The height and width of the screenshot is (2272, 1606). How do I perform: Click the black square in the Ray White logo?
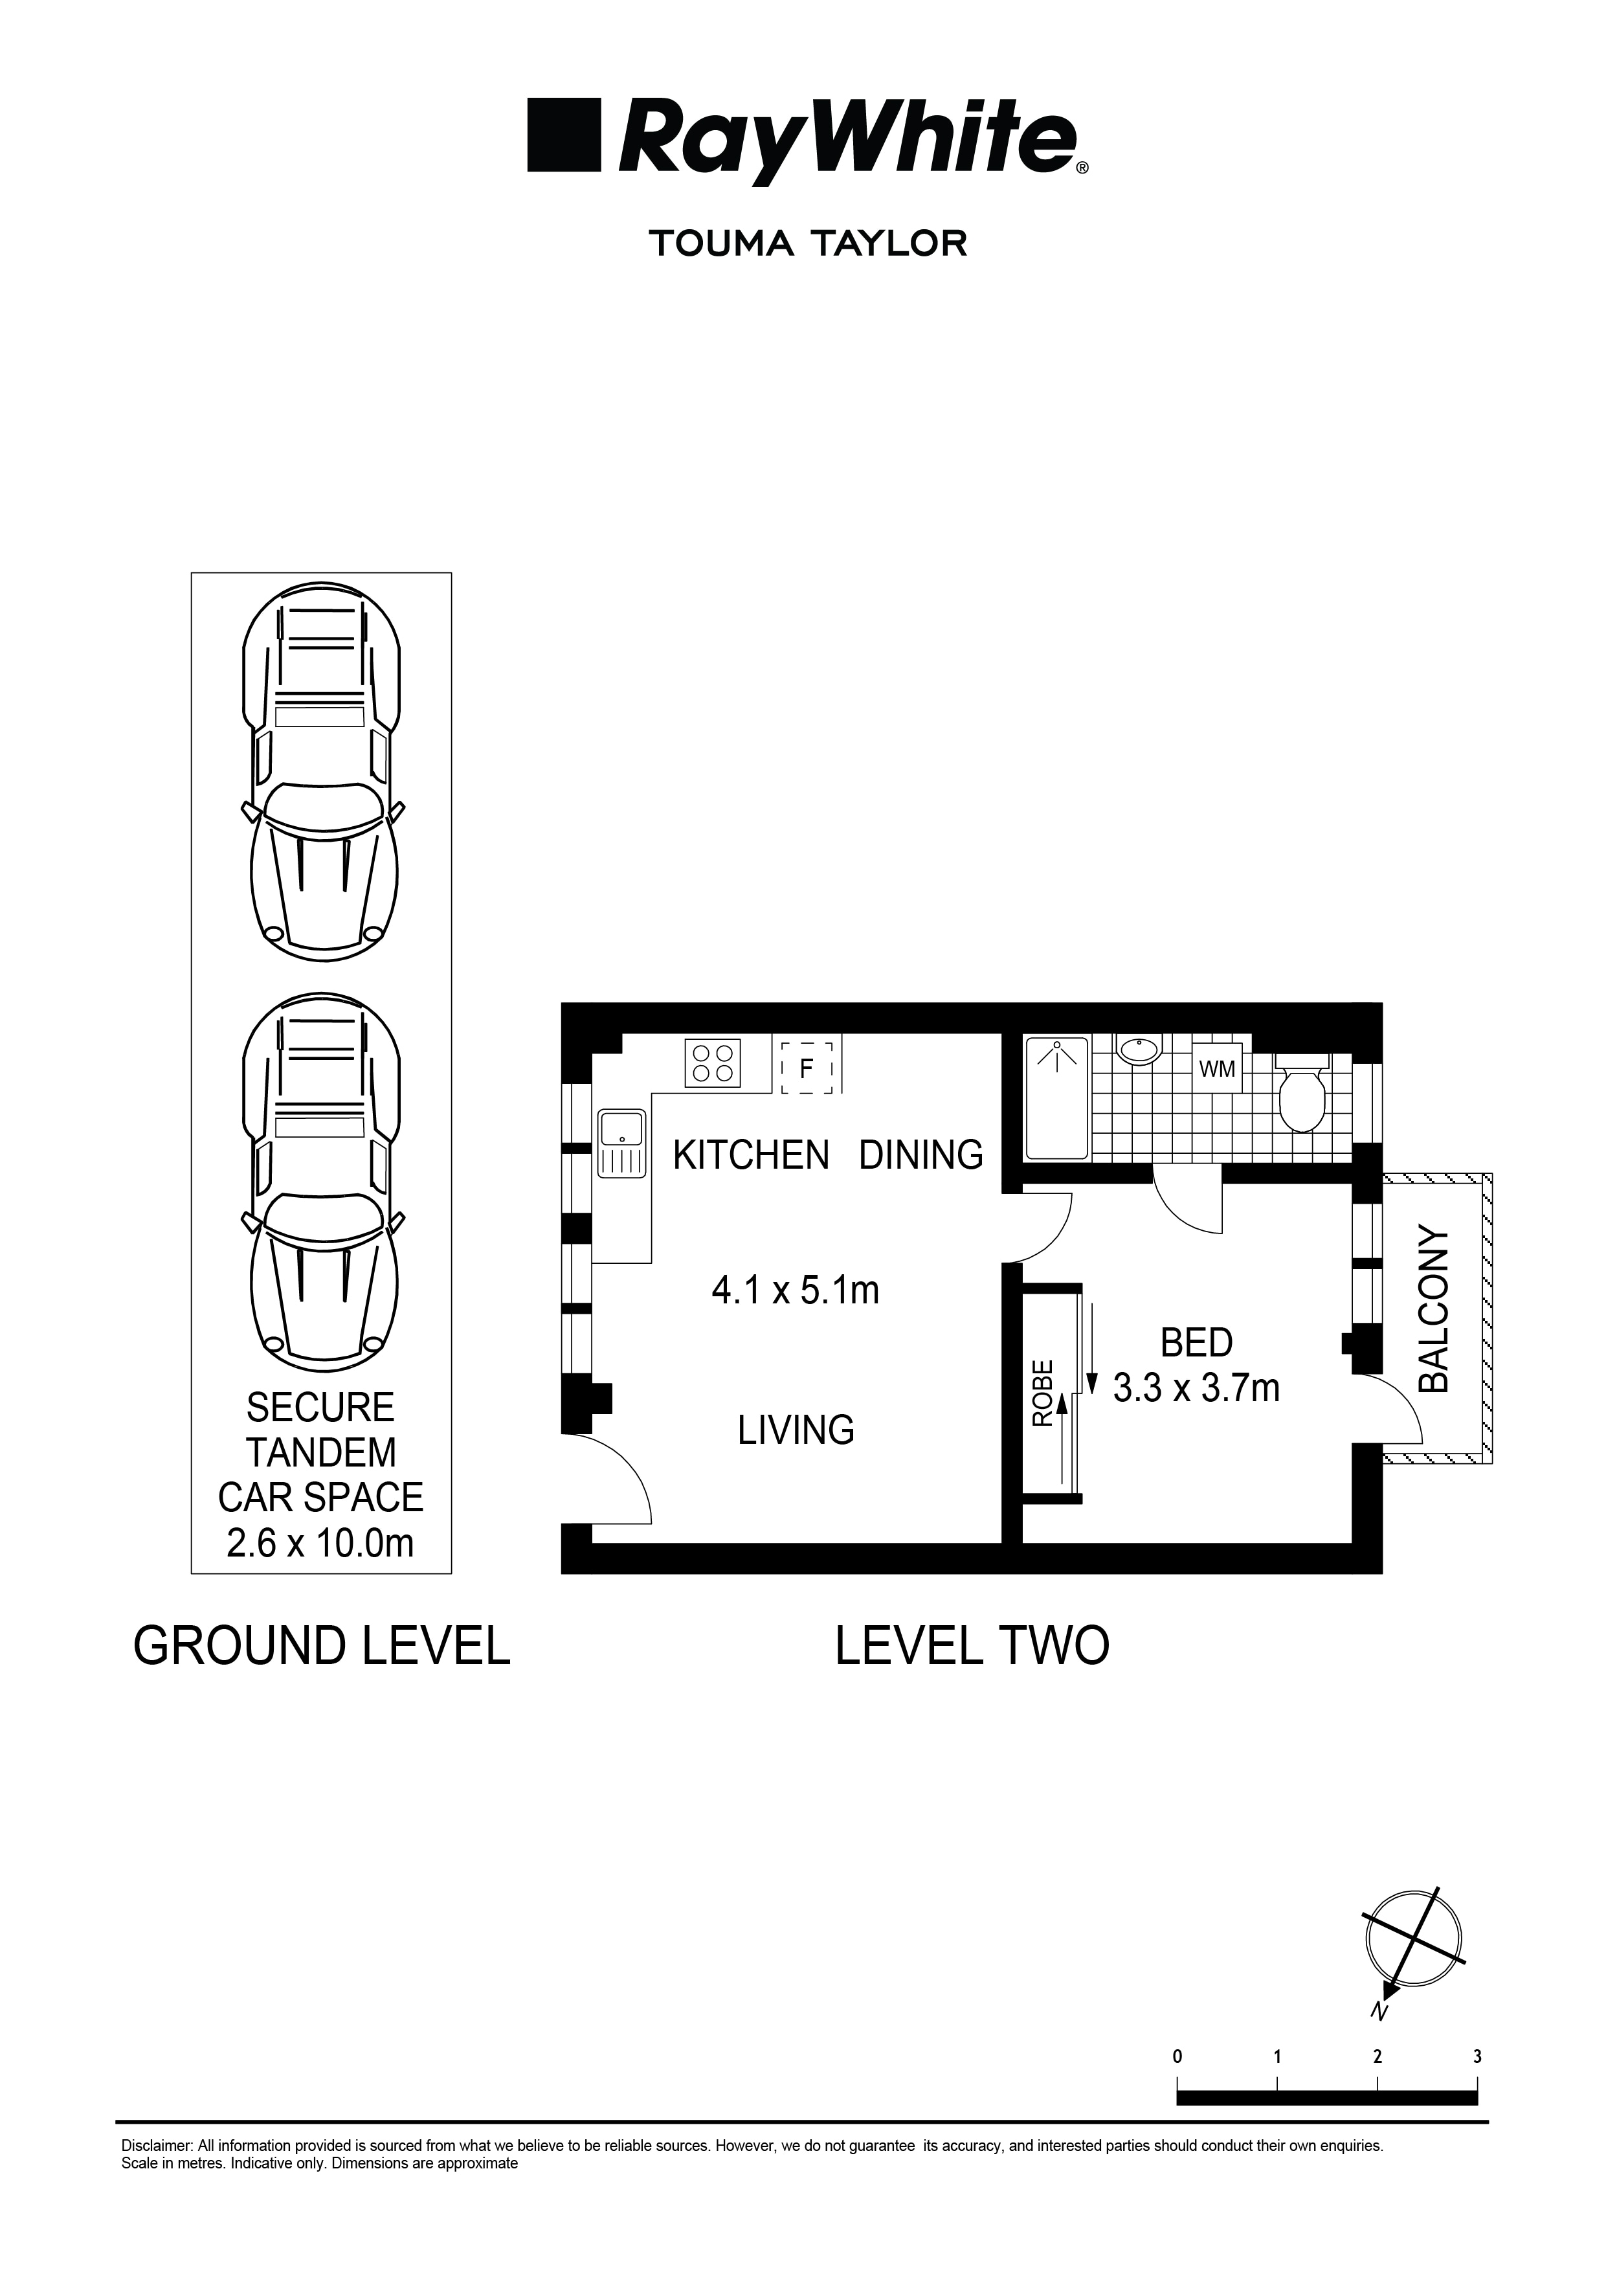coord(563,135)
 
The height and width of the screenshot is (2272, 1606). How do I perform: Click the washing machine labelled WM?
coord(1216,1070)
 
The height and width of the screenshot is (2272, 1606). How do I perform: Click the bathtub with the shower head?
coord(1057,1096)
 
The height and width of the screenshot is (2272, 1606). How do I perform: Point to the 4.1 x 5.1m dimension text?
coord(796,1290)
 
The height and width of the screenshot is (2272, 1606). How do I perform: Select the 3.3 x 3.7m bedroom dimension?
coord(1196,1388)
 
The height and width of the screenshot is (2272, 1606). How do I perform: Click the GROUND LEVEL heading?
coord(322,1647)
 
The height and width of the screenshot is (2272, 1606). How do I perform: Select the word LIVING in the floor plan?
coord(796,1430)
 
